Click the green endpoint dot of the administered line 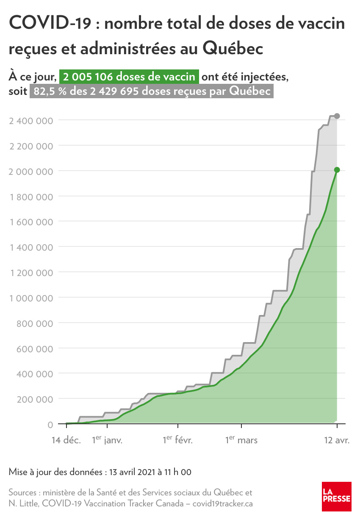pos(337,170)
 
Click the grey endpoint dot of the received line pos(337,116)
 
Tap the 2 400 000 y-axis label pos(31,121)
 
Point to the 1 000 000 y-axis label pos(31,298)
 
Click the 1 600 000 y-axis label pos(31,222)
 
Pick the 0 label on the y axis pos(50,424)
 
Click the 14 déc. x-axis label pos(66,440)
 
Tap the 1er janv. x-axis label pos(107,440)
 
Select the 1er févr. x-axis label pos(178,440)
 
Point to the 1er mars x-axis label pos(241,440)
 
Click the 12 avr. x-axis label pos(337,440)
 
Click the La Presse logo pos(336,496)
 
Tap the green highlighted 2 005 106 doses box pos(129,77)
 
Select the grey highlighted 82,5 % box pos(151,91)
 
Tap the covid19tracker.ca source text pos(223,504)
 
